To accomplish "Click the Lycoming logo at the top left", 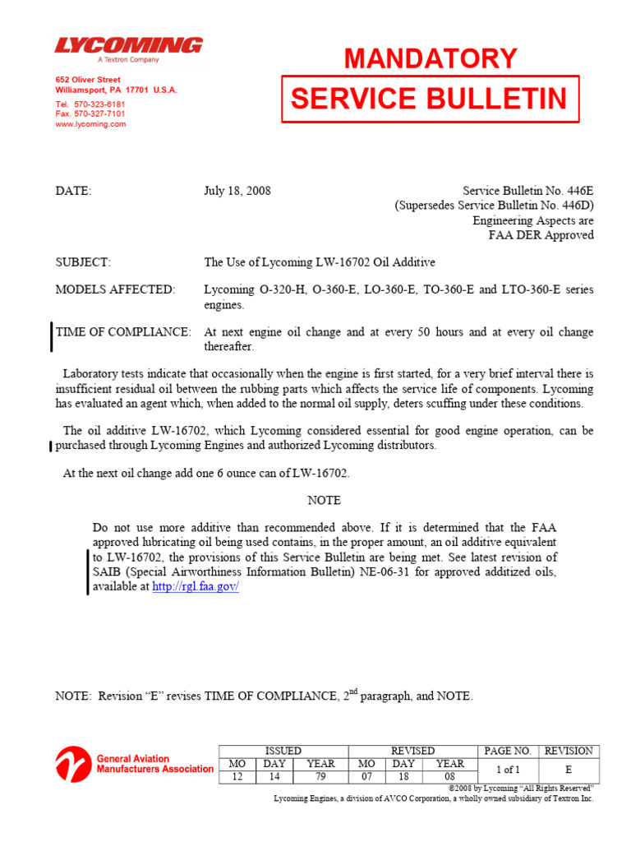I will (x=128, y=46).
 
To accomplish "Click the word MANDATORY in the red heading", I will (x=431, y=58).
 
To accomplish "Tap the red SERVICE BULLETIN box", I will (x=430, y=99).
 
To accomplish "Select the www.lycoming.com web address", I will (x=90, y=124).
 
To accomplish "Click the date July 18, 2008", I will (x=237, y=191).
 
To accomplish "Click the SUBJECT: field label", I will (x=83, y=262).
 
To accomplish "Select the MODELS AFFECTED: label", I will (x=115, y=289).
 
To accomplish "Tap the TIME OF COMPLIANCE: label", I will (x=123, y=332).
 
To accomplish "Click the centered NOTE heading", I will (x=324, y=500).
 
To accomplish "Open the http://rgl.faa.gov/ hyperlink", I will (x=196, y=587).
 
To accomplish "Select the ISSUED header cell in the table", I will (x=283, y=751).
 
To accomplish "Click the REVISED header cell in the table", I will (x=412, y=751).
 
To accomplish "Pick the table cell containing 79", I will (x=320, y=777).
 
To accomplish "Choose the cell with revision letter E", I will (x=568, y=770).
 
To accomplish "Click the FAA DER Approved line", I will (x=541, y=235).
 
